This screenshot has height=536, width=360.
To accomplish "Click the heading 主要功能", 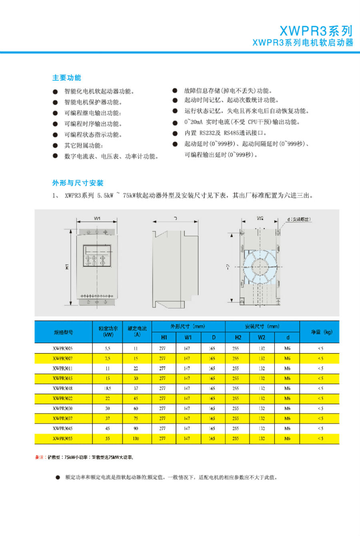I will pos(66,78).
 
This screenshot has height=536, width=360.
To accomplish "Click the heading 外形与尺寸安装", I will pos(78,183).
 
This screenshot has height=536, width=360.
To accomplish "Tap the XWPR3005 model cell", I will pos(63,348).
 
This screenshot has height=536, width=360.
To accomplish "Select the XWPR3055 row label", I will pos(63,438).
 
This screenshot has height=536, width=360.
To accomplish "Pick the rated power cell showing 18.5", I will pos(108,388).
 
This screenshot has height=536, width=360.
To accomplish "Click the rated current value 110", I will pos(136,438).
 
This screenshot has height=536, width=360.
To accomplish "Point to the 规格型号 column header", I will pos(63,332).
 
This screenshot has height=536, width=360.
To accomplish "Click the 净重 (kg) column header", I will pos(322,332).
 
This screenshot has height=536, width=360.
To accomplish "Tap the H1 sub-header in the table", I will pos(164,337).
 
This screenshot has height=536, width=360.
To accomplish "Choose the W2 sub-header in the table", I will pos(262,337).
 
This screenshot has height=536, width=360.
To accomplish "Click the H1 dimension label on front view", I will pos(67,266).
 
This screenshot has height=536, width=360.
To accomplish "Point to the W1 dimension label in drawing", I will pos(97,219).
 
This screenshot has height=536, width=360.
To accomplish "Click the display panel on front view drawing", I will pos(97,255).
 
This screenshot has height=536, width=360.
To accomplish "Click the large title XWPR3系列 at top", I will pos(316,31).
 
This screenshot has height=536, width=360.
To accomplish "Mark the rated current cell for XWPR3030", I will pos(136,408).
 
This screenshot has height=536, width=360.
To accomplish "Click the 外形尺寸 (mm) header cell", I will pos(188,327).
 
